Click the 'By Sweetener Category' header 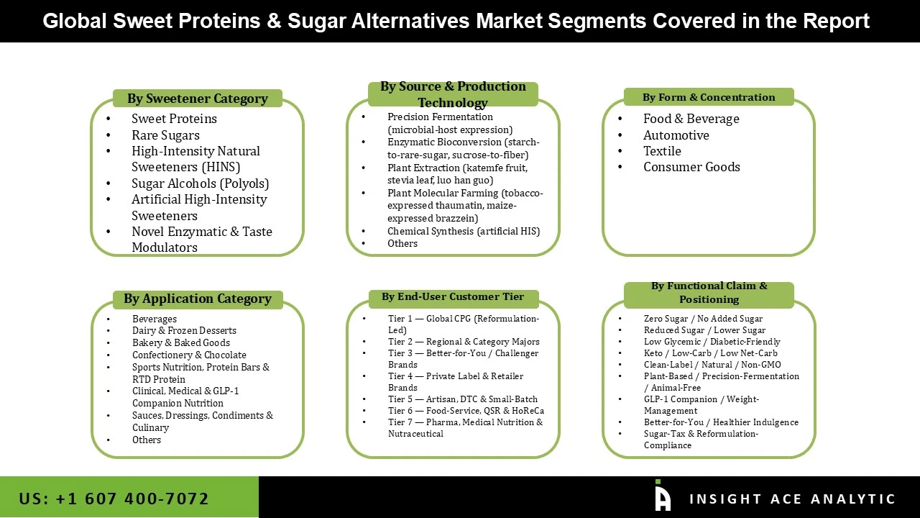197,99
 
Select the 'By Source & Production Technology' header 453,94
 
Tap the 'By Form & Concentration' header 709,97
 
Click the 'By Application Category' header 197,299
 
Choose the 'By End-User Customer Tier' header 453,296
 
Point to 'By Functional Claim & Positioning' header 709,292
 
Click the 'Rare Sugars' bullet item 165,135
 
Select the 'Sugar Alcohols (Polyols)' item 200,183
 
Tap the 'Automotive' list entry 676,135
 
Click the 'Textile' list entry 662,151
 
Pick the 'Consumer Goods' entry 691,167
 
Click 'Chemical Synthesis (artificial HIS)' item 463,231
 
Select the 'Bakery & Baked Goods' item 181,343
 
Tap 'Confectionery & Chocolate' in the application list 189,355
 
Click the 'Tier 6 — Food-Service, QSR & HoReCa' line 466,411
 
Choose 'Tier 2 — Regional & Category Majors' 464,342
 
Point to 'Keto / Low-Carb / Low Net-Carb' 710,353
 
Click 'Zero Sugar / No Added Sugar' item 703,319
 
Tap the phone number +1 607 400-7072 114,499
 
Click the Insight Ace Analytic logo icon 662,496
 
